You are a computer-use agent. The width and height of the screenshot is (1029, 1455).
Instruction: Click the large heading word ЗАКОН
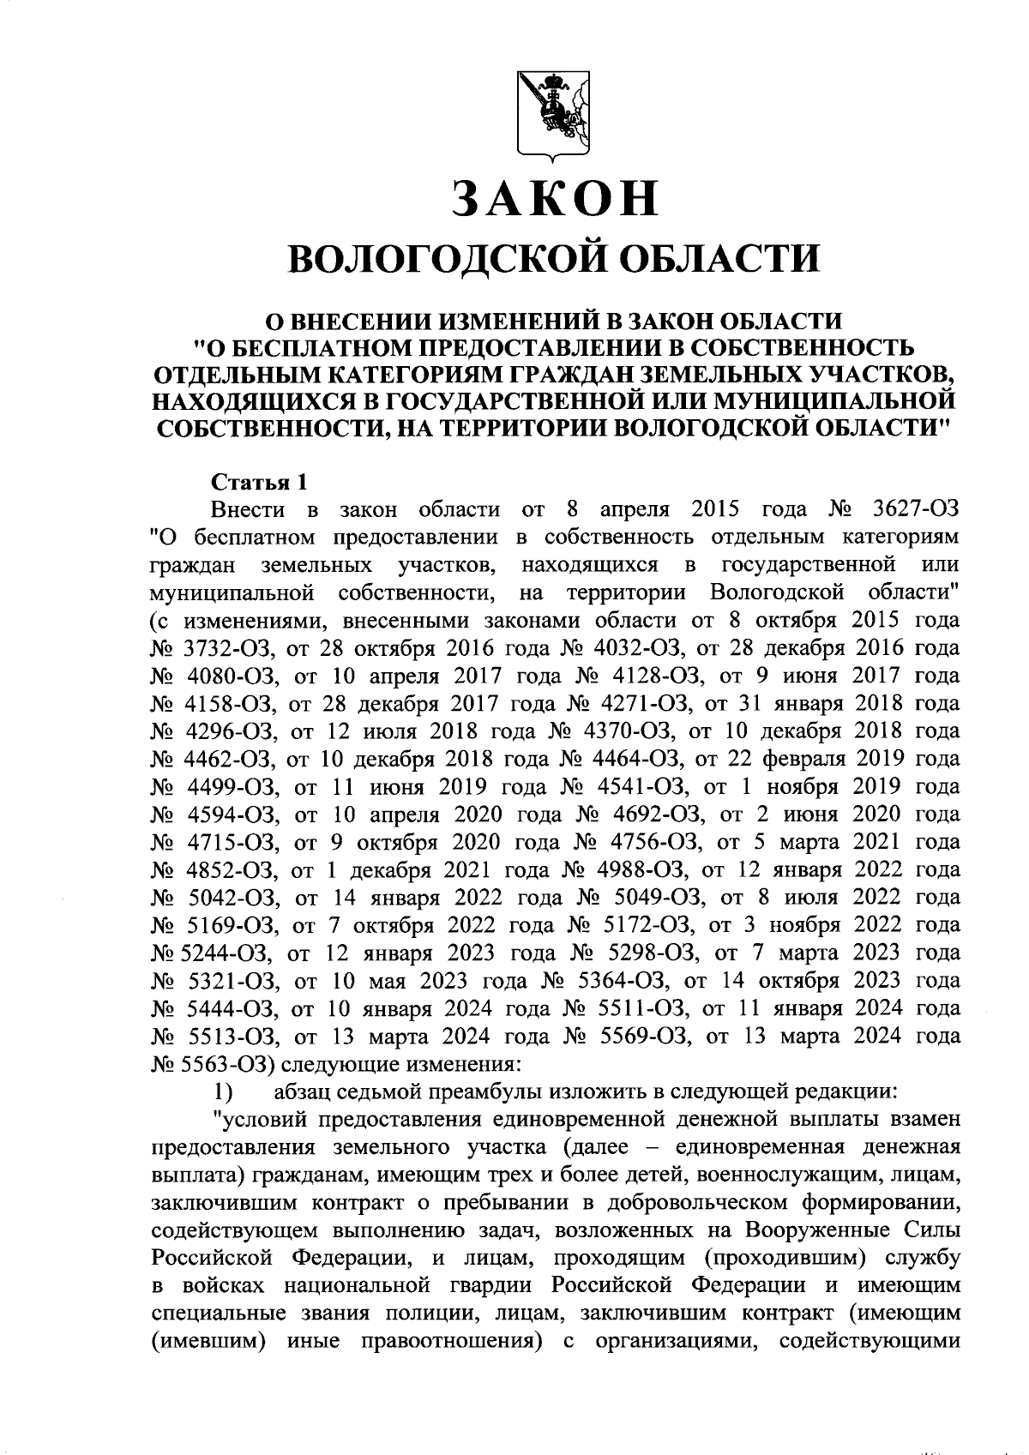(556, 198)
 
